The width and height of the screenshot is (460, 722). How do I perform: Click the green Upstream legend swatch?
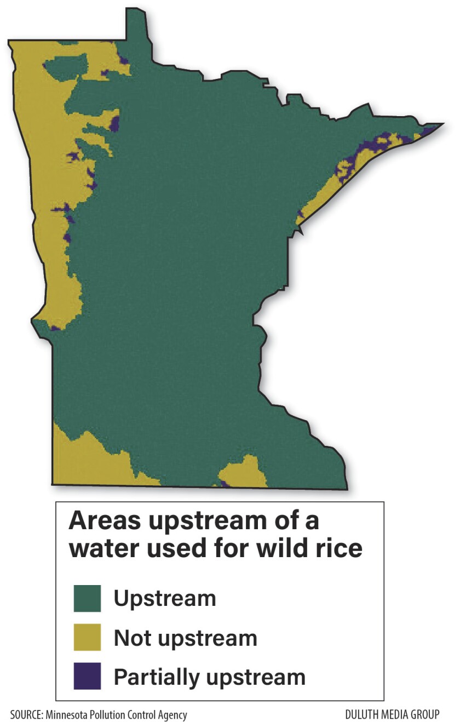point(87,598)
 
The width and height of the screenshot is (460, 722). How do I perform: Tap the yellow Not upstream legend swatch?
point(87,638)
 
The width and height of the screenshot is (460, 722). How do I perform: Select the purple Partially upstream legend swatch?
point(87,676)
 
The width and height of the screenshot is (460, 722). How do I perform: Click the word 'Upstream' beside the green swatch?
point(165,598)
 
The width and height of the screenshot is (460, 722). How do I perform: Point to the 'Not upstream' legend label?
point(185,638)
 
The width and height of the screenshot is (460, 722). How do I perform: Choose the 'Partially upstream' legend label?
point(209,677)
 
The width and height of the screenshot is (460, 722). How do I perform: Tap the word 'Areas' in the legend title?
point(102,521)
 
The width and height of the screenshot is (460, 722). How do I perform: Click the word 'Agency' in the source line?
point(172,715)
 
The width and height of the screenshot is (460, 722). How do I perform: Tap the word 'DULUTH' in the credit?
point(363,715)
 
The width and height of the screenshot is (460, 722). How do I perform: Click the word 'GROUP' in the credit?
point(425,715)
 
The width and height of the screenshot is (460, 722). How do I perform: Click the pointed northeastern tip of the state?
point(441,125)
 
